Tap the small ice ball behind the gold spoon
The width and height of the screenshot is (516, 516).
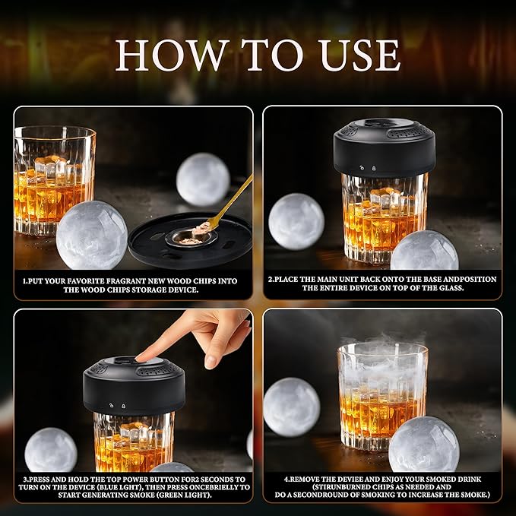coord(203,179)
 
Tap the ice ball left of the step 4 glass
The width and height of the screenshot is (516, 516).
coord(291,407)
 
